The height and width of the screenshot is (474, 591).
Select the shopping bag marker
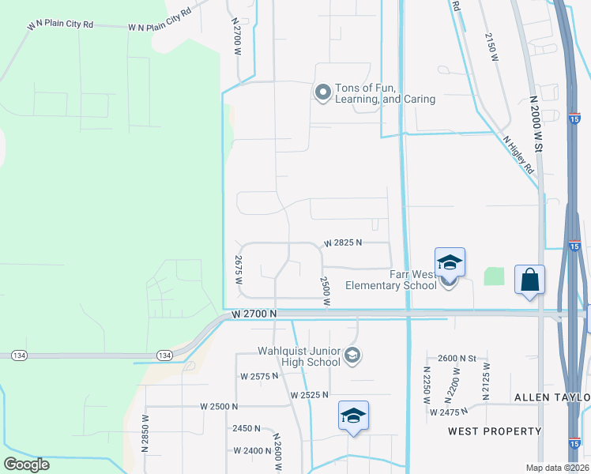click(529, 280)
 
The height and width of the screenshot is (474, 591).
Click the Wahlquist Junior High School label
click(300, 356)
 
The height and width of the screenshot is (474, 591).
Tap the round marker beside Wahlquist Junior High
click(353, 356)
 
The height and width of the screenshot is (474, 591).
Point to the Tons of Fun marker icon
click(322, 93)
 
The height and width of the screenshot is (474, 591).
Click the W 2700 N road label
click(254, 314)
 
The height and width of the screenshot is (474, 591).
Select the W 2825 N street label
click(343, 243)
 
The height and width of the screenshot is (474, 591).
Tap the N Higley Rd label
click(518, 154)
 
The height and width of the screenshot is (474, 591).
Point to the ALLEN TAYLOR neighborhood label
click(552, 397)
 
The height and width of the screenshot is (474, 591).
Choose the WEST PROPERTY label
click(495, 431)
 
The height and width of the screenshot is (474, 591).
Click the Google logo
click(26, 465)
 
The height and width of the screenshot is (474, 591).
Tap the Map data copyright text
click(558, 468)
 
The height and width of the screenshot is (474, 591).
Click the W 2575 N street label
click(259, 376)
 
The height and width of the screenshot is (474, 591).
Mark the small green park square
click(494, 276)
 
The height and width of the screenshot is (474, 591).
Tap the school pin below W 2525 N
click(354, 416)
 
